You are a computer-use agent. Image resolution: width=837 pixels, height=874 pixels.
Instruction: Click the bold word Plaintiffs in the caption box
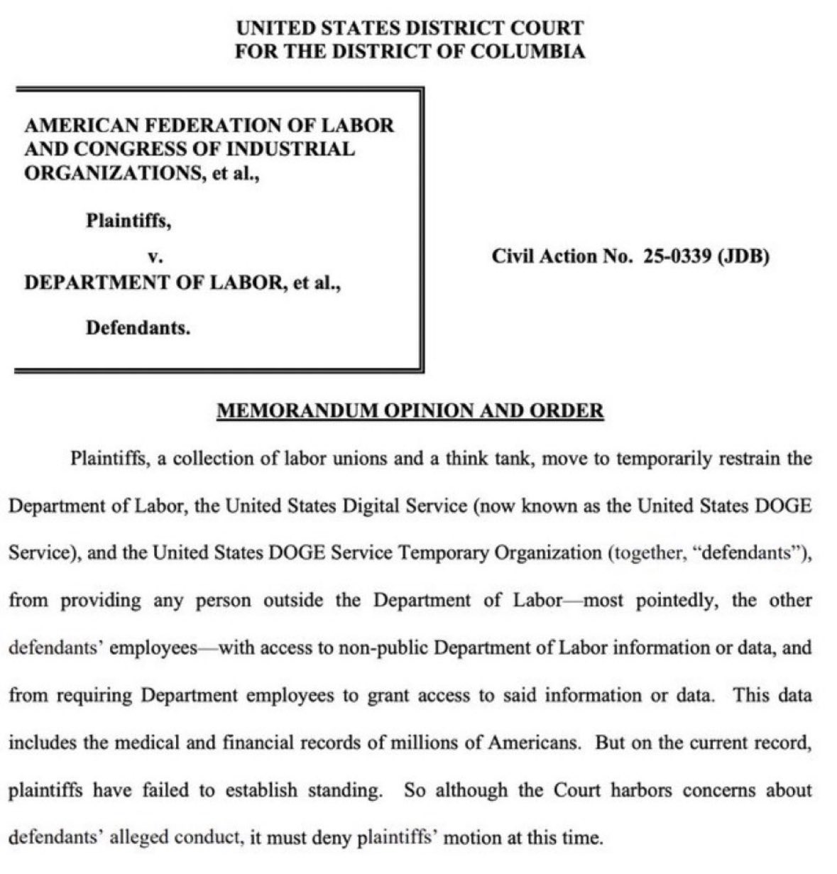click(x=128, y=221)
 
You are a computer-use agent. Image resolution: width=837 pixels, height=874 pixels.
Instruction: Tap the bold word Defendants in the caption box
click(x=138, y=328)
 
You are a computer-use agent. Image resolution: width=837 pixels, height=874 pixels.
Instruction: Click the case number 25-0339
click(x=677, y=256)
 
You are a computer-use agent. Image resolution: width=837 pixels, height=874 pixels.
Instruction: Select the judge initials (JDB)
click(x=744, y=256)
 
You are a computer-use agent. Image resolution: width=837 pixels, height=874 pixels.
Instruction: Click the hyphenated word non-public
click(x=384, y=648)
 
